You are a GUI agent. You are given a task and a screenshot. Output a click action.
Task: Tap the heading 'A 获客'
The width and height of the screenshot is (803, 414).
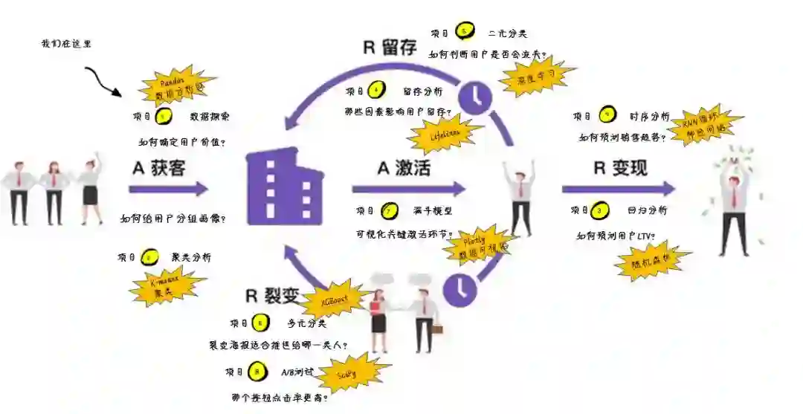click(x=158, y=169)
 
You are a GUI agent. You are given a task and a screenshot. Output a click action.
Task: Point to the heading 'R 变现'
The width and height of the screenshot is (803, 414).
click(x=619, y=168)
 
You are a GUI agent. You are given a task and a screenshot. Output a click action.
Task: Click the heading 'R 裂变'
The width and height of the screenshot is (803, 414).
click(x=271, y=295)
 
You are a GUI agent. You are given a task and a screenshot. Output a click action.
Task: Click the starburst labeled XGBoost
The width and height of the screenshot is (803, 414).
click(x=332, y=298)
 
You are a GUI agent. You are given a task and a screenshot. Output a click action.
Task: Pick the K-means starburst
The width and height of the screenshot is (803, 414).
click(x=166, y=286)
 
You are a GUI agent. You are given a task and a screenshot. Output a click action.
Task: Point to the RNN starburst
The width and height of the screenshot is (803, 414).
click(x=707, y=123)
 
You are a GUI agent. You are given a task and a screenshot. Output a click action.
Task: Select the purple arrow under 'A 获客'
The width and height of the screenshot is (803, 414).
click(x=168, y=190)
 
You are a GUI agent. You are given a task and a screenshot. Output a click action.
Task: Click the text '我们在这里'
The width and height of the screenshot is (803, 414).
click(x=66, y=44)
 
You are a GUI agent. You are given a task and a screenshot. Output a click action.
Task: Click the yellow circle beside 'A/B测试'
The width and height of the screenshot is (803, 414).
click(x=257, y=370)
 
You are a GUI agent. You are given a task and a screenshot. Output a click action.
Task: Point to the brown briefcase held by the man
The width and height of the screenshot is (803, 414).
click(x=438, y=329)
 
